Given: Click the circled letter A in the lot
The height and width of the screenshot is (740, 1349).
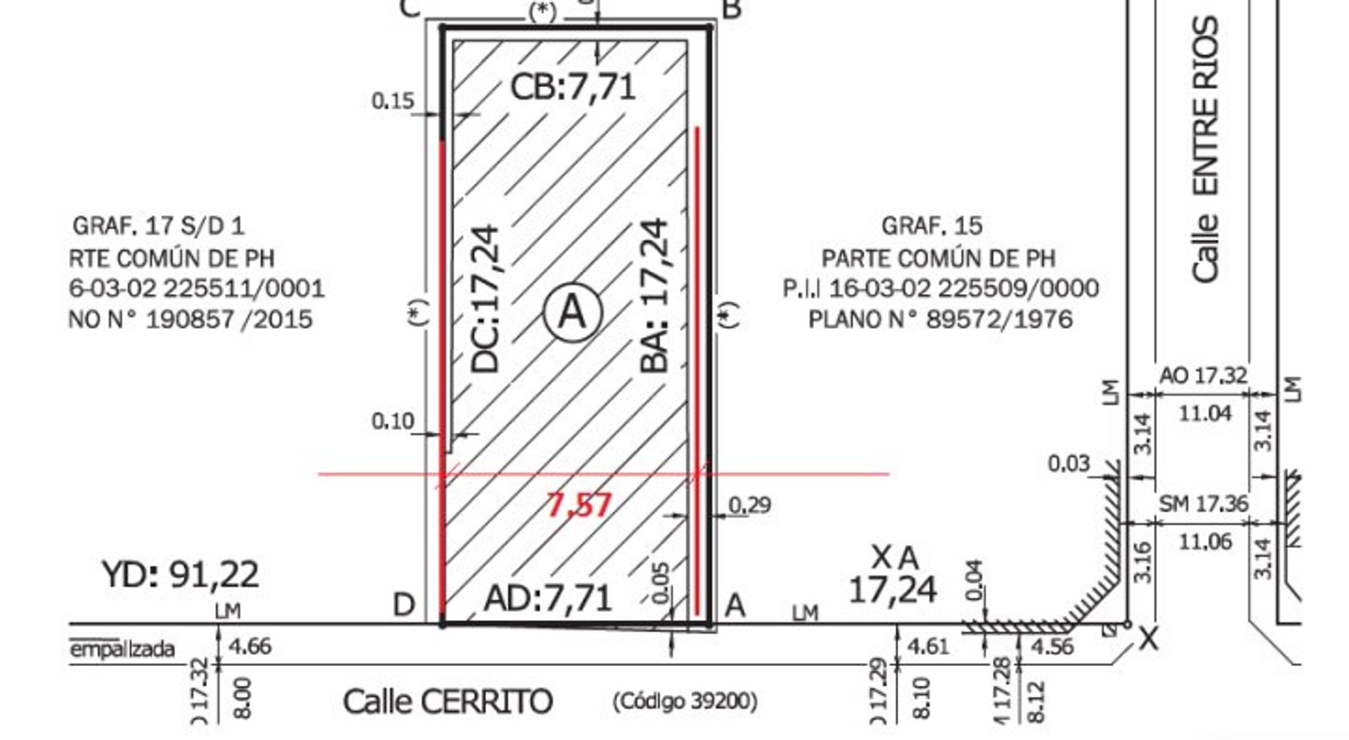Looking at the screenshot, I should [573, 312].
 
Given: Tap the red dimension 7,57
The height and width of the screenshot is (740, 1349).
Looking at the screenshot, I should [579, 506].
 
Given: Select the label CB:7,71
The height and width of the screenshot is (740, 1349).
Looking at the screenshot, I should [573, 88].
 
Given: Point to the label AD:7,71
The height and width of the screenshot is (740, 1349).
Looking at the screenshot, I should [547, 599].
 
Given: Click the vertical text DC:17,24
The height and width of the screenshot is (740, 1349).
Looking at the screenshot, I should [486, 299].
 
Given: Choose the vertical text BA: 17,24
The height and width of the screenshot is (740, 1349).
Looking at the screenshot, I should [654, 296].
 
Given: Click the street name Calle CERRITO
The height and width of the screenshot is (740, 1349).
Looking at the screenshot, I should [447, 702].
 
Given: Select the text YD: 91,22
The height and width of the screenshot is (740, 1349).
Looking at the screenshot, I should [180, 574].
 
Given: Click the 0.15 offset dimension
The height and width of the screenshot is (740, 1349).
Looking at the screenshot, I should [393, 101].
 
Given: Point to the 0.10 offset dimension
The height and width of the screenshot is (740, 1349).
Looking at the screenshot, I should [393, 421].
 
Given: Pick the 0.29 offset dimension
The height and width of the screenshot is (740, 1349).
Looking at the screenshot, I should [750, 506].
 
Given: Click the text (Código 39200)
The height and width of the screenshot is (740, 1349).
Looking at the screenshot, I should [684, 701].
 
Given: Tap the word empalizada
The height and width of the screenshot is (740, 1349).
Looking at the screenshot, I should [123, 648].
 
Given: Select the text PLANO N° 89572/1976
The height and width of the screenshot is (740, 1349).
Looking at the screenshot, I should [940, 320].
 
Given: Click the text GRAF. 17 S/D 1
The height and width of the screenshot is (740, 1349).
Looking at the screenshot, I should [158, 225].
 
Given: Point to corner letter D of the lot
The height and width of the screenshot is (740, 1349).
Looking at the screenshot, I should [404, 605].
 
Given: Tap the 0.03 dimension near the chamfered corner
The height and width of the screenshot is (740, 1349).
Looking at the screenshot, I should [1068, 464].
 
